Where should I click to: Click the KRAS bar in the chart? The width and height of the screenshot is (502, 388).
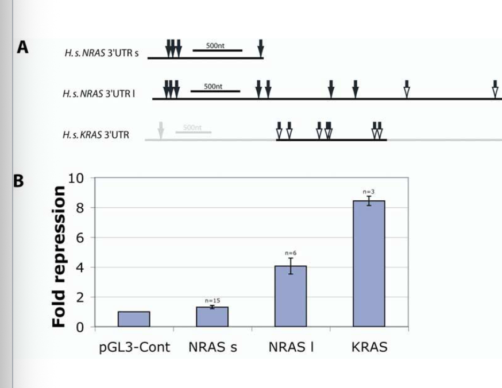click(x=369, y=263)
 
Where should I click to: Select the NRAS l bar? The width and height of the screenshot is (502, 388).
click(x=291, y=296)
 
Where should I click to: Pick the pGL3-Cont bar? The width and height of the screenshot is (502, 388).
click(x=134, y=319)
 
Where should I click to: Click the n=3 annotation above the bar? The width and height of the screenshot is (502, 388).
click(x=368, y=191)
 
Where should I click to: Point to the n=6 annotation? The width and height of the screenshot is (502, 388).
click(x=291, y=253)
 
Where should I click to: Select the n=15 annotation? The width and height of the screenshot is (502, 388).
click(x=212, y=300)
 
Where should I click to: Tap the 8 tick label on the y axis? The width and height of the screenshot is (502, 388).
click(x=80, y=208)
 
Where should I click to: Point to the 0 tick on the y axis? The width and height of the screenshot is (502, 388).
click(x=80, y=327)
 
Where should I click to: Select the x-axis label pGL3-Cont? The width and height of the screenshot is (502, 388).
click(x=133, y=348)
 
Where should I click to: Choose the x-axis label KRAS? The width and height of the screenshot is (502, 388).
click(x=369, y=348)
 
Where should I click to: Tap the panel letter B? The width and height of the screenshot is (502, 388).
click(x=18, y=181)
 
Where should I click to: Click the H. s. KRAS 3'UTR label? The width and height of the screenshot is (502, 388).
click(x=96, y=135)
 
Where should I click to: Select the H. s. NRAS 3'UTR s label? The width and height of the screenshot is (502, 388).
click(x=102, y=53)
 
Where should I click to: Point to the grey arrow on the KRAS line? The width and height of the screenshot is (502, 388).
click(x=161, y=130)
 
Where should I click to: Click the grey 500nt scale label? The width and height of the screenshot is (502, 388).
click(x=193, y=127)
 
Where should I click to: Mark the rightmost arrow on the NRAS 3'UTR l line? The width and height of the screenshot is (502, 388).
click(x=496, y=89)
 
